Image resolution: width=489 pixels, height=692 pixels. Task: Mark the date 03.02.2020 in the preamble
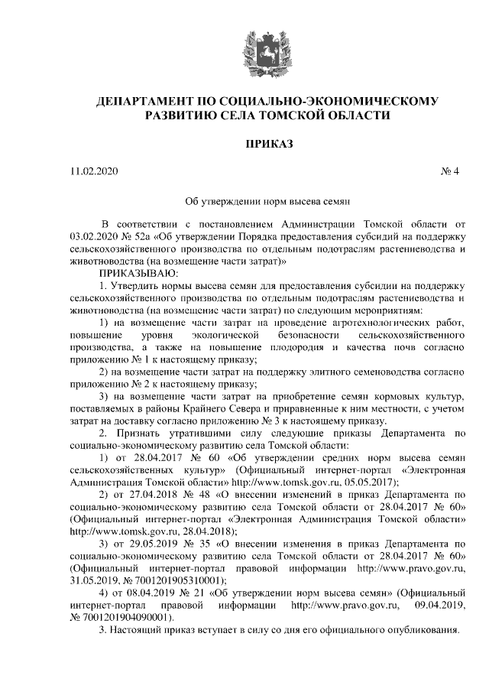tap(93, 237)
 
